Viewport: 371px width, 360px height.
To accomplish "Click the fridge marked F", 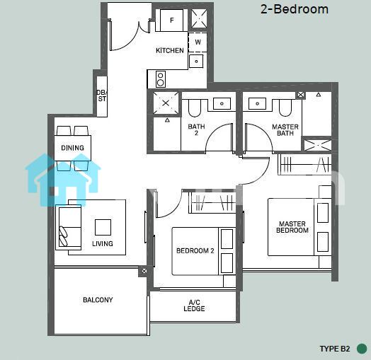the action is tap(171, 20).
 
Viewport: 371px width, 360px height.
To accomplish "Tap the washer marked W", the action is tap(198, 42).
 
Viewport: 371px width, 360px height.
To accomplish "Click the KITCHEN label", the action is tap(170, 50).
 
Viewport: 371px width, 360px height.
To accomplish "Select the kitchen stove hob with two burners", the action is tap(161, 79).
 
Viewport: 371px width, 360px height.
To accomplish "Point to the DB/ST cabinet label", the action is tap(102, 95).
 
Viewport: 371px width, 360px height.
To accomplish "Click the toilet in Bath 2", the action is tap(195, 108).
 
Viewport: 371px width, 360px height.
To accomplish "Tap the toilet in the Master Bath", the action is tap(285, 108).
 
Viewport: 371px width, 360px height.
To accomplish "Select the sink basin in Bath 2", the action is tap(222, 103).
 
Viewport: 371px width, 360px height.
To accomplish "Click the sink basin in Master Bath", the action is tap(257, 103).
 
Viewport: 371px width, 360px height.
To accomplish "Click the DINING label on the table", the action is tap(73, 148).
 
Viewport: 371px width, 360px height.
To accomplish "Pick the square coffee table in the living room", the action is tap(103, 227).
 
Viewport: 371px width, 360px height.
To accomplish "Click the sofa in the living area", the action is tap(69, 228).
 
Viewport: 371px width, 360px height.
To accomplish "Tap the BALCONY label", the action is tap(98, 300).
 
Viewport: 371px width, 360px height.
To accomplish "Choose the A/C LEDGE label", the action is tap(194, 306).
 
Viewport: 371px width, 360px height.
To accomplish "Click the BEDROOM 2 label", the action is tap(195, 250).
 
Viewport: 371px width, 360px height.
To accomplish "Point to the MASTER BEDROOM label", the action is tap(292, 227).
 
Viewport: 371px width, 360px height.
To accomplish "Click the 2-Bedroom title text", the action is tap(295, 9).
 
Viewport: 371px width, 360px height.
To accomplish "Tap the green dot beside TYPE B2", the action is tap(362, 349).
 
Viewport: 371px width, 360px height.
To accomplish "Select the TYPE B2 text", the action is tap(335, 349).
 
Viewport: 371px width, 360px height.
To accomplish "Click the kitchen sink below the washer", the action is tap(196, 62).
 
